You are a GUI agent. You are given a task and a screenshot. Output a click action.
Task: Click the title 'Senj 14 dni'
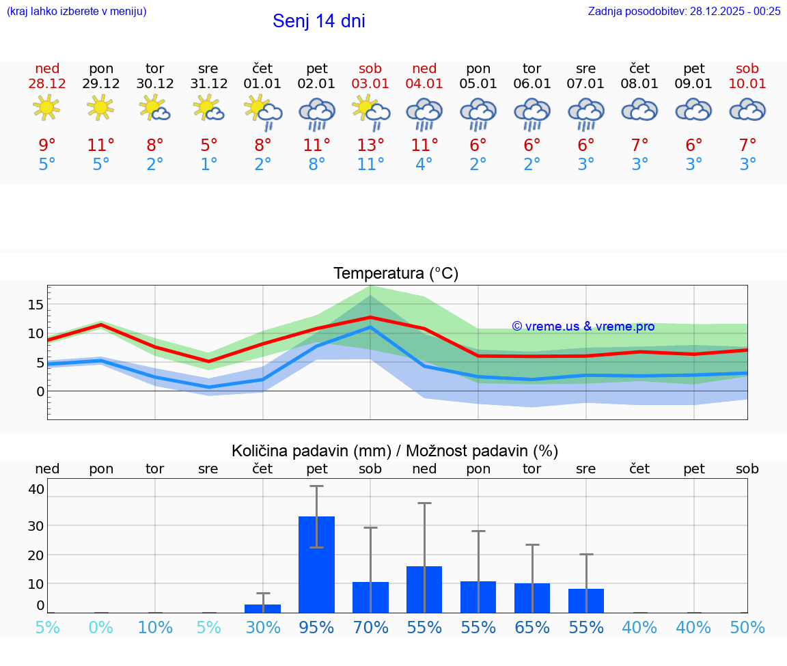pos(318,21)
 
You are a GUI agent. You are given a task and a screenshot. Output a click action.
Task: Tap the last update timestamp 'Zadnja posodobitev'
pos(684,11)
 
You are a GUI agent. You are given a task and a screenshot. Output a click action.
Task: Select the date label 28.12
pos(47,84)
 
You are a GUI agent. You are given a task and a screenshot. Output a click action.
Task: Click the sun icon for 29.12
pos(101,109)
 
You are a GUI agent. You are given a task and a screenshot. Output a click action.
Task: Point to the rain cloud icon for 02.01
pos(317,113)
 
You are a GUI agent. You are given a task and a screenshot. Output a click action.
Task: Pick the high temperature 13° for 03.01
pos(370,145)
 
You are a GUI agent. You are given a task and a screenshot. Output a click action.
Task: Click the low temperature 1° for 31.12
pos(209,165)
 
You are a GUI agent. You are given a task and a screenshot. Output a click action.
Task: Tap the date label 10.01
pos(747,84)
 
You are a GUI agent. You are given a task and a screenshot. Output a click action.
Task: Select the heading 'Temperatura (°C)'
pos(396,273)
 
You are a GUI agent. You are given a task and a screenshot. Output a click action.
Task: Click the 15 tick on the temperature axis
pos(36,304)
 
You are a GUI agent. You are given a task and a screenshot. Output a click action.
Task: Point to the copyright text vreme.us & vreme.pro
pos(583,327)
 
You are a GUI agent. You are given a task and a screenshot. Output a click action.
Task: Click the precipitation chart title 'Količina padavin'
pos(395,451)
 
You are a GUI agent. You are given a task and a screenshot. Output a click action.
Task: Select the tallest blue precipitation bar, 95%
pos(317,564)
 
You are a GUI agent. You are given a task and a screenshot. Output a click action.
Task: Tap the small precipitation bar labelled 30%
pos(263,608)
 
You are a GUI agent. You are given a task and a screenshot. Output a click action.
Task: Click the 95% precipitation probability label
pos(317,627)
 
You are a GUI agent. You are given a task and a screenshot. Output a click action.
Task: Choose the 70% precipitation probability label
pos(370,627)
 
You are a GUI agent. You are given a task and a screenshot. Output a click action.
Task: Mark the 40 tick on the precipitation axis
pos(36,489)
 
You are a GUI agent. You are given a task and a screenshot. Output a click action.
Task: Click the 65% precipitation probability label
pos(532,627)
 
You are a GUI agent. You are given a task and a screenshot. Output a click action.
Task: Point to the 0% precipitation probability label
pos(101,627)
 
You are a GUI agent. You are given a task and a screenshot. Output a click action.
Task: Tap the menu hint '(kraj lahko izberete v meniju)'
pos(77,11)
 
